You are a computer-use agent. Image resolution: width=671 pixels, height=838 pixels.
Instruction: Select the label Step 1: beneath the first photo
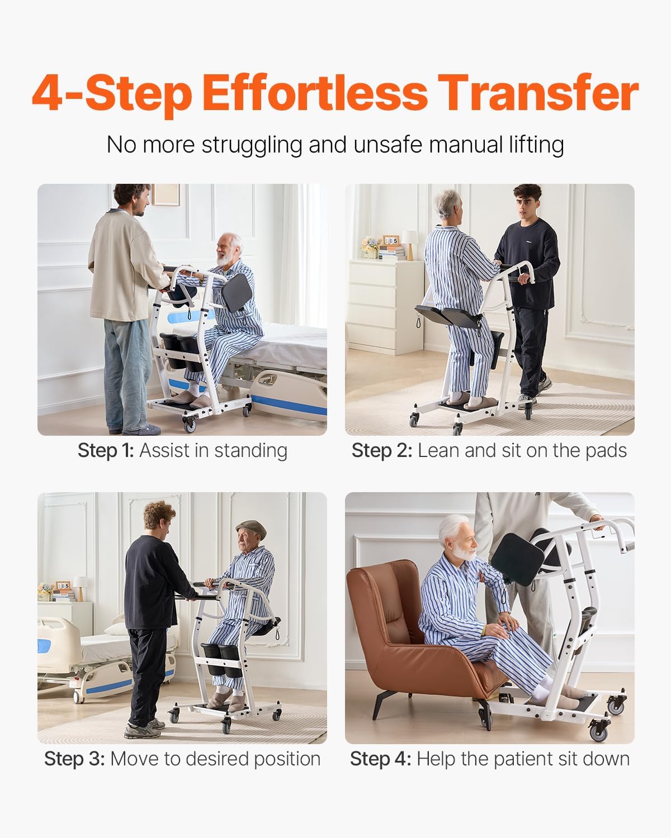[106, 450]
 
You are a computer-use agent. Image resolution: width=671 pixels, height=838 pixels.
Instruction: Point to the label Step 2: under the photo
[381, 450]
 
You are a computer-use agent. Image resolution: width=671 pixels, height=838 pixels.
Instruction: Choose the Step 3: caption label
[74, 759]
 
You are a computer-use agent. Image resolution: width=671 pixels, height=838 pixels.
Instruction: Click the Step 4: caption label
[380, 759]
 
